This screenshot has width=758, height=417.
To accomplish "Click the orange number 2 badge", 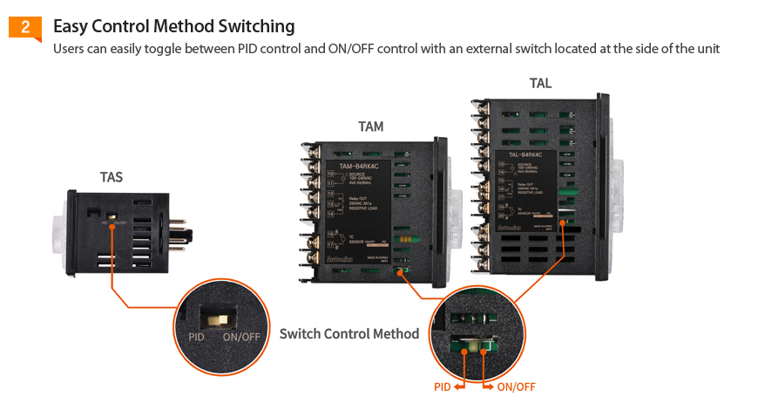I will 25,27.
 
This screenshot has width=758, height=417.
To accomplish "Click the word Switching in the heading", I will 256,27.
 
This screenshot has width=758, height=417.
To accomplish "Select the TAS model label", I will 111,177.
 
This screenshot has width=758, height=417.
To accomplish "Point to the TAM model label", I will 370,126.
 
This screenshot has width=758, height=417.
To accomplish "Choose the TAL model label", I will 540,84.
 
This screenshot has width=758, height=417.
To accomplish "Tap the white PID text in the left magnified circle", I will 196,337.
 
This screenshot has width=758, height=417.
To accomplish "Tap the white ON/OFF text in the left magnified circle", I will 241,337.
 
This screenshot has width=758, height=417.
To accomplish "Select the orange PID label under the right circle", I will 443,386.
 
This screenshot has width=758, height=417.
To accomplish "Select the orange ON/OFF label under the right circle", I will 516,386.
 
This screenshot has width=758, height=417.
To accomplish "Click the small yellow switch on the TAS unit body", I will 112,215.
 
